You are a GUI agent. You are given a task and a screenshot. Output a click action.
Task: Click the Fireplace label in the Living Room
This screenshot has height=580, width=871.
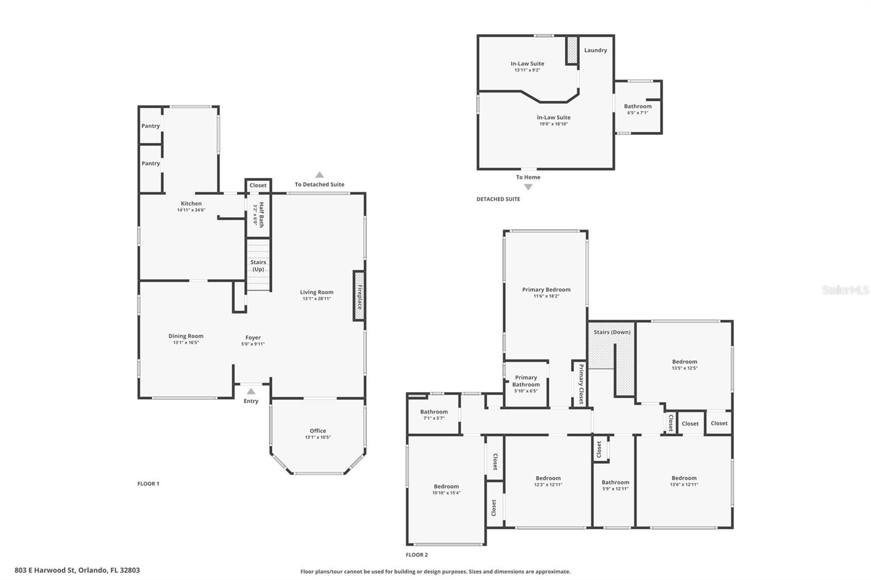[359, 297]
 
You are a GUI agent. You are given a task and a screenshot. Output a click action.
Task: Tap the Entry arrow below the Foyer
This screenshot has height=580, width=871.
[251, 391]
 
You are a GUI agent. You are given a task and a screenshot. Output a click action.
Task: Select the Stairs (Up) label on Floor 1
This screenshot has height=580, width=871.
[258, 266]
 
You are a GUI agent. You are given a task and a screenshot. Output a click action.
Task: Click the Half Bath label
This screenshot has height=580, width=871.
[261, 214]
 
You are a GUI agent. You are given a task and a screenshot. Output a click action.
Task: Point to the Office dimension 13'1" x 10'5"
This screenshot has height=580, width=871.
[317, 437]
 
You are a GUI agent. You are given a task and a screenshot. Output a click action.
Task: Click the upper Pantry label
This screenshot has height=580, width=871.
[151, 126]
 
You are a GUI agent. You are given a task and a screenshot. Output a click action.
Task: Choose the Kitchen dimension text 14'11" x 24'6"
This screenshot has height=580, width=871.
[191, 210]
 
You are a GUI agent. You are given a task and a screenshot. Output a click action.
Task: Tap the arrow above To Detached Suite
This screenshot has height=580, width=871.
[320, 175]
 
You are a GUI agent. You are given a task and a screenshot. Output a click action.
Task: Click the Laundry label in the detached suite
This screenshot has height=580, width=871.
[595, 50]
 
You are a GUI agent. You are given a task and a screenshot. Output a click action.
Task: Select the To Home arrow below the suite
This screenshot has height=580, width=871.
[527, 187]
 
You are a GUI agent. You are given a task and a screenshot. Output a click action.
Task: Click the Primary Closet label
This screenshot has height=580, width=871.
[581, 384]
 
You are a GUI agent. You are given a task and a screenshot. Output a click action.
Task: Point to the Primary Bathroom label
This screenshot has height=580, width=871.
[526, 381]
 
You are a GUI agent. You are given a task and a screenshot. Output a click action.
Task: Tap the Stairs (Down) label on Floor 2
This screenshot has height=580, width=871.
[612, 332]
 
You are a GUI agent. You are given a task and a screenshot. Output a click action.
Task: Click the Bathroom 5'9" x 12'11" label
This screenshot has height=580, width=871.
[615, 483]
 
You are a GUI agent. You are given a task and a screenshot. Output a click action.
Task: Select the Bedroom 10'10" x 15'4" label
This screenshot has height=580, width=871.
[446, 487]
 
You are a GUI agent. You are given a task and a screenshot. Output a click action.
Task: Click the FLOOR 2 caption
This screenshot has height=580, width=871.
[417, 555]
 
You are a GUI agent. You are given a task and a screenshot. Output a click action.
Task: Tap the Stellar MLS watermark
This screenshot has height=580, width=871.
[845, 290]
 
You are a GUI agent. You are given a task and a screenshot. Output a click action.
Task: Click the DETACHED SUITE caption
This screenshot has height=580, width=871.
[498, 199]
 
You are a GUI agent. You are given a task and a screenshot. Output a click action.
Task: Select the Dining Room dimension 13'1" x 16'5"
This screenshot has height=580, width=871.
[186, 342]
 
